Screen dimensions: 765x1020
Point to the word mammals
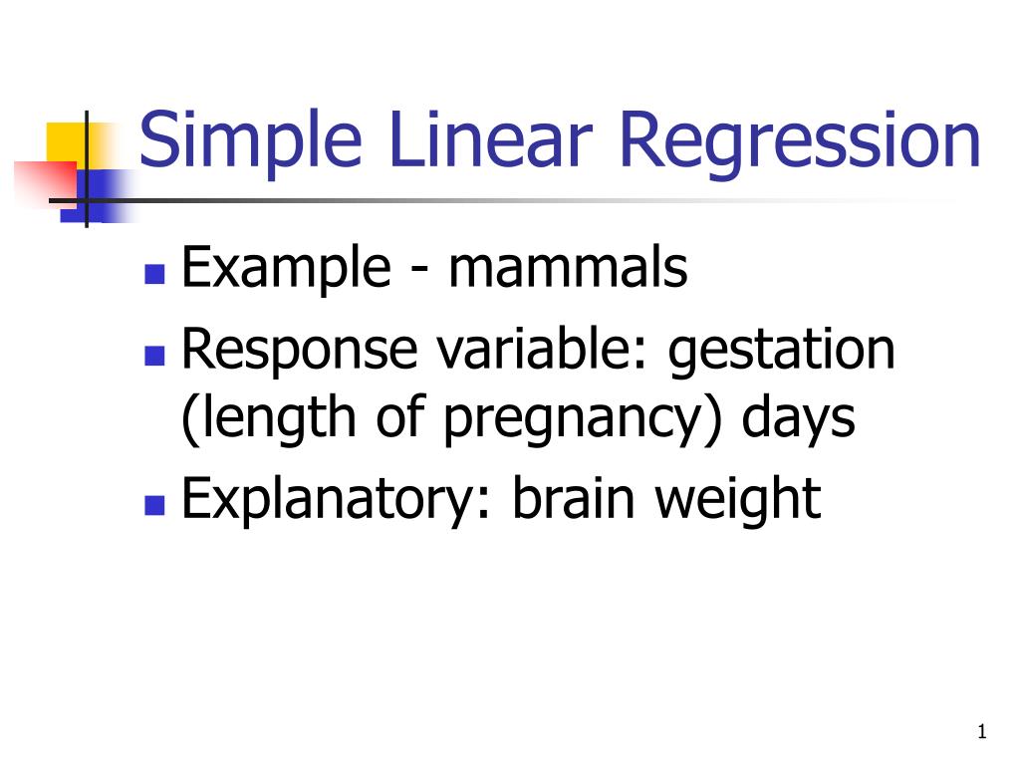(x=568, y=268)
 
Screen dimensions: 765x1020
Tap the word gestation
(x=783, y=352)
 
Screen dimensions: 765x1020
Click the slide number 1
(x=981, y=733)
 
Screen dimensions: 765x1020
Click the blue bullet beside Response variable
(x=153, y=354)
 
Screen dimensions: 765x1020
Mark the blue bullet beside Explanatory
(x=153, y=504)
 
